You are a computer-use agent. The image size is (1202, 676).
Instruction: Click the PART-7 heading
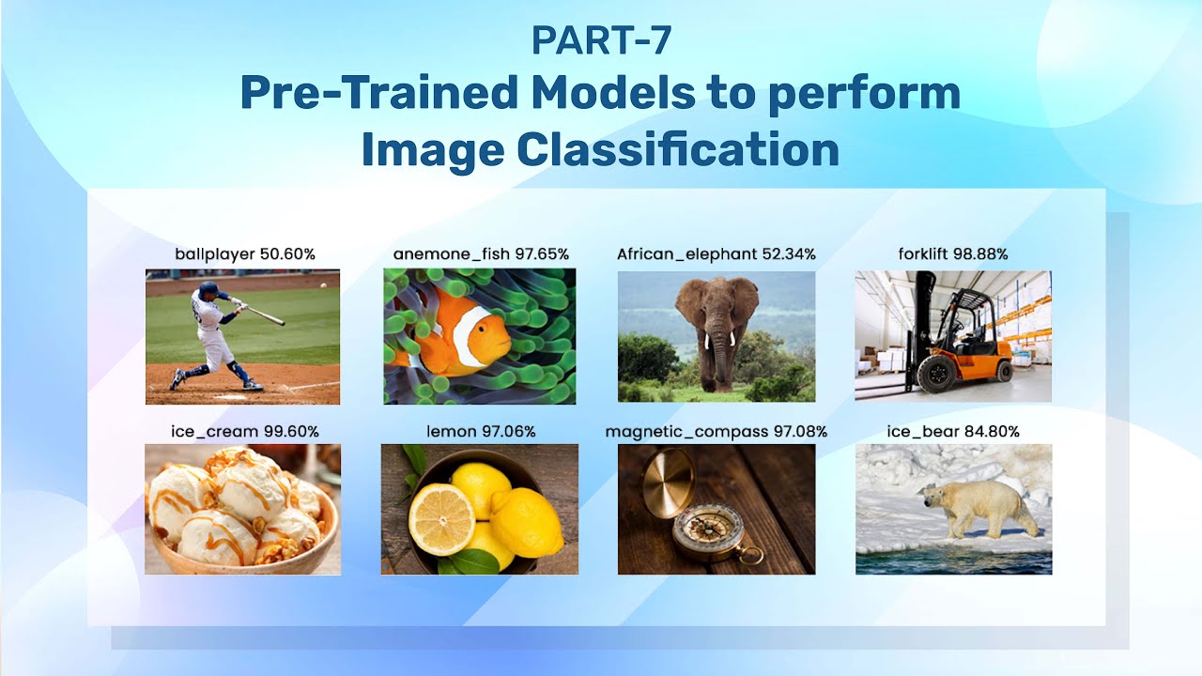pos(601,40)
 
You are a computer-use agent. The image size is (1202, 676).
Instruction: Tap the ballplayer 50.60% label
pos(244,254)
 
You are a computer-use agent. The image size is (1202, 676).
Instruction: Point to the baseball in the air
pos(323,284)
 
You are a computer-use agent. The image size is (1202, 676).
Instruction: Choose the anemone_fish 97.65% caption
pos(481,254)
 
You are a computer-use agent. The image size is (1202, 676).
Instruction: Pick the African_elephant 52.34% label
pos(717,254)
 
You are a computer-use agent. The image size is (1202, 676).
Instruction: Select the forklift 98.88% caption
pos(953,254)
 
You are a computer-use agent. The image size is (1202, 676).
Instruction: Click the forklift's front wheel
pos(936,374)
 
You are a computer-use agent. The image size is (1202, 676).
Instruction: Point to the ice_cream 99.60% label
pos(244,432)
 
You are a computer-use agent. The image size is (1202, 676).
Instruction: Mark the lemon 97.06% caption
pos(481,432)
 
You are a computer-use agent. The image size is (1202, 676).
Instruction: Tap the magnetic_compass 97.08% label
pos(717,432)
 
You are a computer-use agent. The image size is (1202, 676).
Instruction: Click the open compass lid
pos(669,482)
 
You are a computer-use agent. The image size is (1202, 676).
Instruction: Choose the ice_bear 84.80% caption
pos(953,432)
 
